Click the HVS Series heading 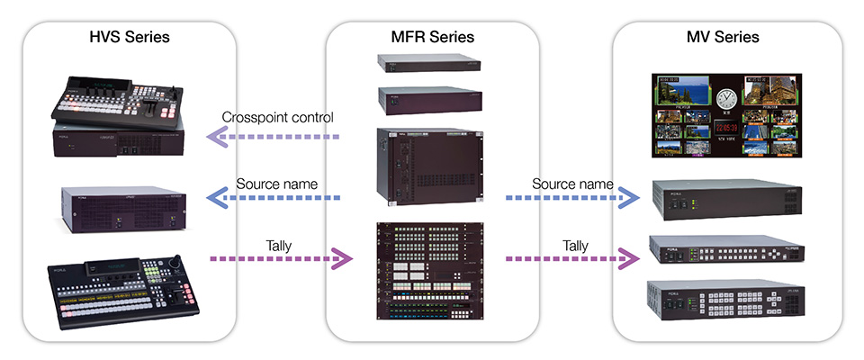(130, 38)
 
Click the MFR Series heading (432, 38)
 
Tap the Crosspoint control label (279, 118)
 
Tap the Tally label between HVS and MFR (279, 245)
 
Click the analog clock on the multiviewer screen (727, 98)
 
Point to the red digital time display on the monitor (727, 127)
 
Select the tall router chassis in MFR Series (432, 165)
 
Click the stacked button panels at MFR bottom (432, 269)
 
